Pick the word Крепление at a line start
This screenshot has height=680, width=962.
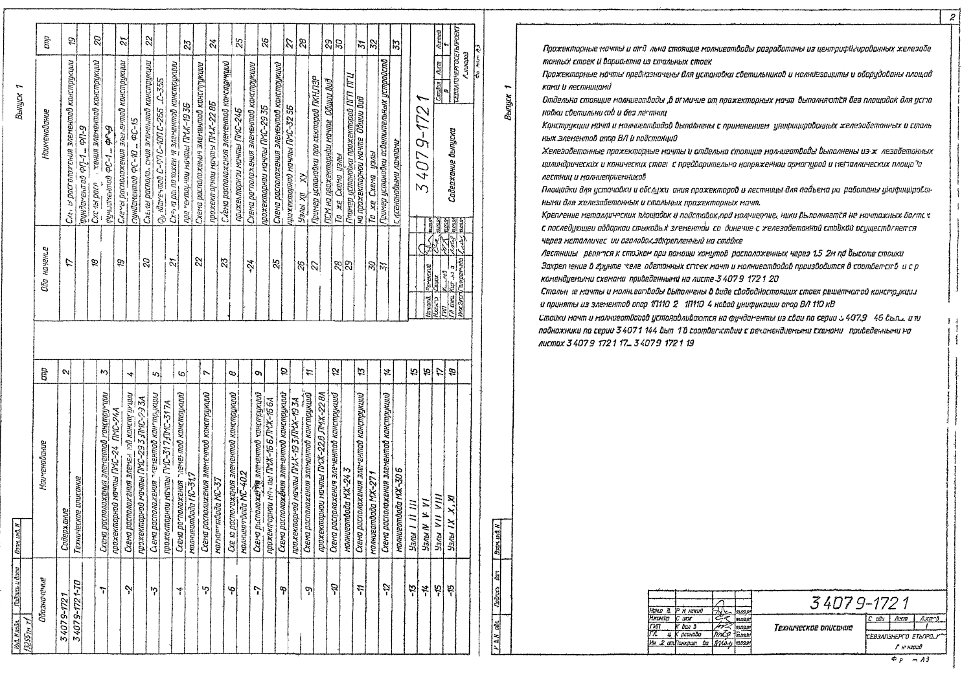558,214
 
